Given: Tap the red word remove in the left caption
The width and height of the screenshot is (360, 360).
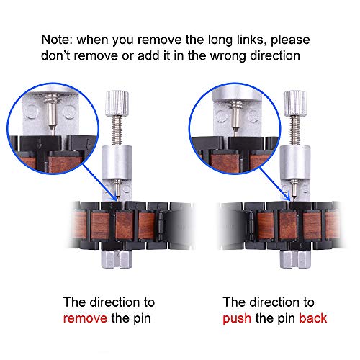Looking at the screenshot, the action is click(x=85, y=318).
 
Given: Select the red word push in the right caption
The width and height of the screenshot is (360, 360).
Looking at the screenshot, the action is click(x=237, y=319).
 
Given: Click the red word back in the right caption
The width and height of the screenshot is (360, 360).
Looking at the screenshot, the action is click(x=313, y=318).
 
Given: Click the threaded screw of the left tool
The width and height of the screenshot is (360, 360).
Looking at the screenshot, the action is click(x=117, y=130).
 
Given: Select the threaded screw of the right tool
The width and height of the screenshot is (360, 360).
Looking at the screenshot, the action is click(x=295, y=130).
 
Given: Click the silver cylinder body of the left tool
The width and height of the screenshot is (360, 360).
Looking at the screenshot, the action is click(x=117, y=162).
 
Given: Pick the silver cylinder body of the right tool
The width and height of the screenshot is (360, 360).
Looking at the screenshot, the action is click(x=295, y=162).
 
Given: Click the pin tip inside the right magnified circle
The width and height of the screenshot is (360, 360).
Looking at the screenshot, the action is click(x=235, y=132).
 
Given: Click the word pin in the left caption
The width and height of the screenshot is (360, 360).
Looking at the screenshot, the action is click(x=142, y=319).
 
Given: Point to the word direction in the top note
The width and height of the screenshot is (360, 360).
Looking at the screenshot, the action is click(x=275, y=56).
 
